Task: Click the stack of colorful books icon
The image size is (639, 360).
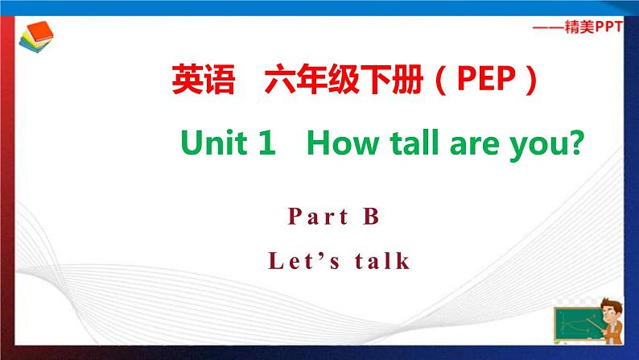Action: click(x=36, y=37)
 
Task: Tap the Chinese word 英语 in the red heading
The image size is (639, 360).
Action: click(x=204, y=79)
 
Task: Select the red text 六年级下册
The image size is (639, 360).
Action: click(x=344, y=79)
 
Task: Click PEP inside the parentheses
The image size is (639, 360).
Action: click(x=487, y=79)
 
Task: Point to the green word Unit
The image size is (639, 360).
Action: click(x=213, y=143)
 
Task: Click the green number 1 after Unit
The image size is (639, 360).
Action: click(x=267, y=143)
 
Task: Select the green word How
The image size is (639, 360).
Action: click(x=343, y=143)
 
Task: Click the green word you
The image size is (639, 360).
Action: click(x=537, y=147)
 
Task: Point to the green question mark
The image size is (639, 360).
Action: click(x=577, y=143)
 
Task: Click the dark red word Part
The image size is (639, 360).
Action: click(x=318, y=216)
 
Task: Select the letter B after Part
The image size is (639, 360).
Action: click(x=371, y=216)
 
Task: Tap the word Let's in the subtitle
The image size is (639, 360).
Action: click(x=303, y=260)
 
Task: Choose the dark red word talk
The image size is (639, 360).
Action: click(x=382, y=260)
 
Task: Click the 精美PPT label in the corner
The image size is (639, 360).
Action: click(x=593, y=27)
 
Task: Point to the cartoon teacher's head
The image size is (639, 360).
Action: click(x=611, y=308)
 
